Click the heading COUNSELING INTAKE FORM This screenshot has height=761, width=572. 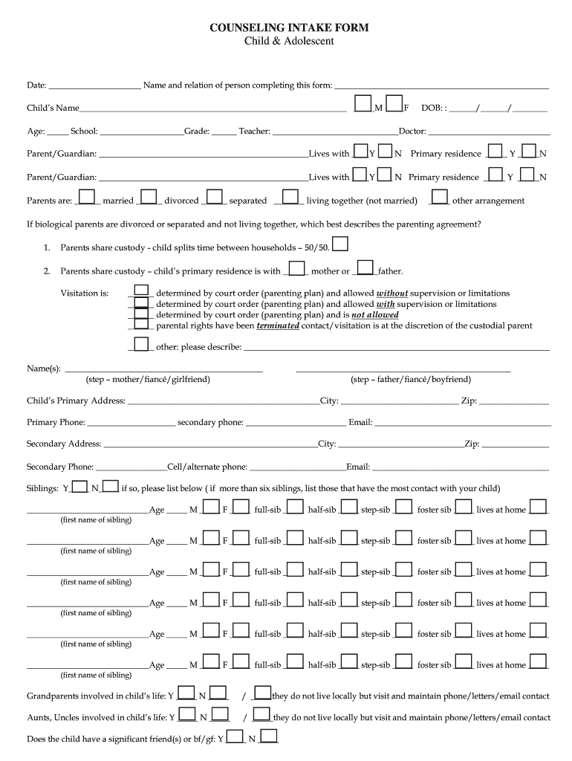point(289,27)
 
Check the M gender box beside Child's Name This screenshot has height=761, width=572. point(364,104)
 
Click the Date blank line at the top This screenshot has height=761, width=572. point(94,85)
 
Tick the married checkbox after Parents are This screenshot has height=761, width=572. point(88,196)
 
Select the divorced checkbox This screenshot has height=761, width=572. point(149,196)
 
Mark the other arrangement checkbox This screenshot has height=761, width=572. point(440,196)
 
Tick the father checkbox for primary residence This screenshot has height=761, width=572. point(365,267)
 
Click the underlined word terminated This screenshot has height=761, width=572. point(278,326)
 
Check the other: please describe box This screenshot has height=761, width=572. point(140,343)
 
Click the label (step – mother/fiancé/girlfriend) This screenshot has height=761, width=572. point(148,380)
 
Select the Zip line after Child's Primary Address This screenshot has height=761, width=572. point(514,401)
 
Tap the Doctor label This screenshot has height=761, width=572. point(412,132)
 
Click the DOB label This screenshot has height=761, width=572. point(432,109)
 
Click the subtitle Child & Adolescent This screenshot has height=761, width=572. point(289,42)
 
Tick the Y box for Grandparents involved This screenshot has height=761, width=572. point(186,693)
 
